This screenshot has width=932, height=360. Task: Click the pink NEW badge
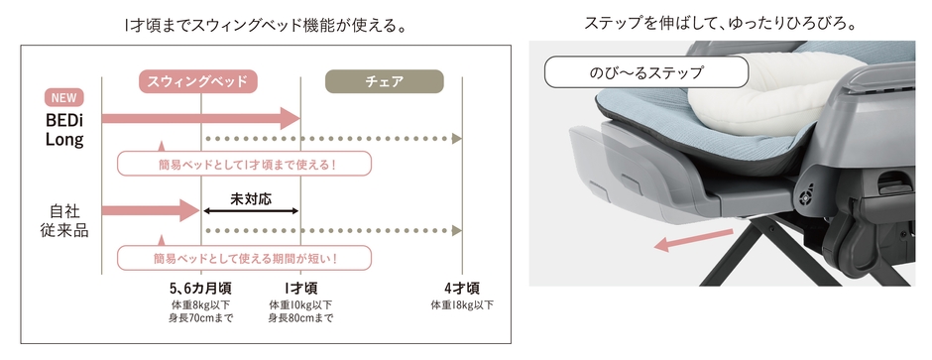[64, 98]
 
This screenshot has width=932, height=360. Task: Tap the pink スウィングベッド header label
[198, 81]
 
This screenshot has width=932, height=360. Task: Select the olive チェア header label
[385, 81]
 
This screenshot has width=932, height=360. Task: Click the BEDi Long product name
[64, 130]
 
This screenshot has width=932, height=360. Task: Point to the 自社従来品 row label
[64, 221]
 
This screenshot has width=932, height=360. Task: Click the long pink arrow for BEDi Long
[201, 118]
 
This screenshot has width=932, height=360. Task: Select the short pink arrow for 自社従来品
[151, 209]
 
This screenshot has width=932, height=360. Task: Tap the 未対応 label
[251, 199]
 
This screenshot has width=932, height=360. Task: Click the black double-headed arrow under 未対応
[251, 210]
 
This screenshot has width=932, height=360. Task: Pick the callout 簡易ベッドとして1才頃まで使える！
[244, 164]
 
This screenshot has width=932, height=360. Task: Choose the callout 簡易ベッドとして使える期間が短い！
[244, 259]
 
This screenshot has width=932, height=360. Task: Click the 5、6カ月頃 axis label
[200, 290]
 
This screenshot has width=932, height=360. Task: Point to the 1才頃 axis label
[300, 290]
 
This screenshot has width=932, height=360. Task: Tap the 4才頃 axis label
[462, 290]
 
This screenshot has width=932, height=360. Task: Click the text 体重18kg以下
[462, 305]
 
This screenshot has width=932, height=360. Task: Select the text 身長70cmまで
[200, 318]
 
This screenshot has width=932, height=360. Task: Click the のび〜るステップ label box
[646, 72]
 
